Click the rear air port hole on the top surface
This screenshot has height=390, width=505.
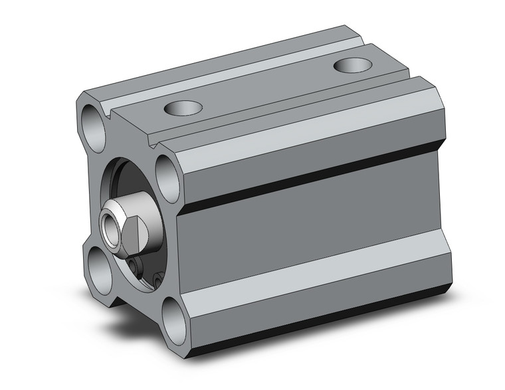(x=353, y=65)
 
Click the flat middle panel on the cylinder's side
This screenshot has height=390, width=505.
(x=312, y=226)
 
